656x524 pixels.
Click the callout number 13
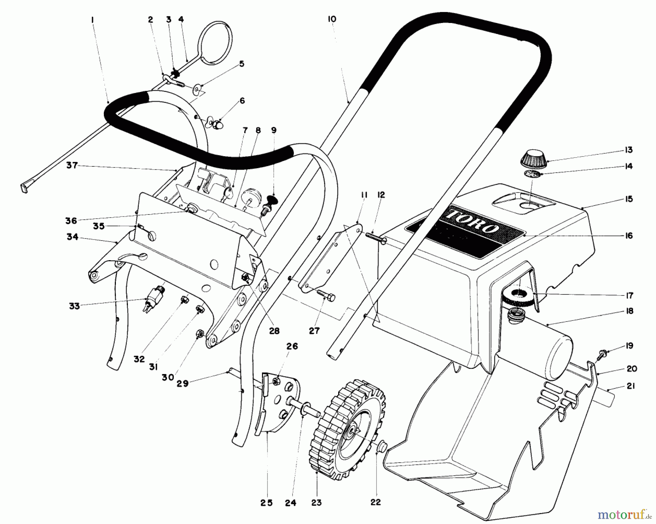point(628,150)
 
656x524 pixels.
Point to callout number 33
point(74,306)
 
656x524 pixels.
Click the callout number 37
point(72,165)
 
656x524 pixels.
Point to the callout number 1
point(93,20)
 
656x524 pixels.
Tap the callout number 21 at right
point(631,386)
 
